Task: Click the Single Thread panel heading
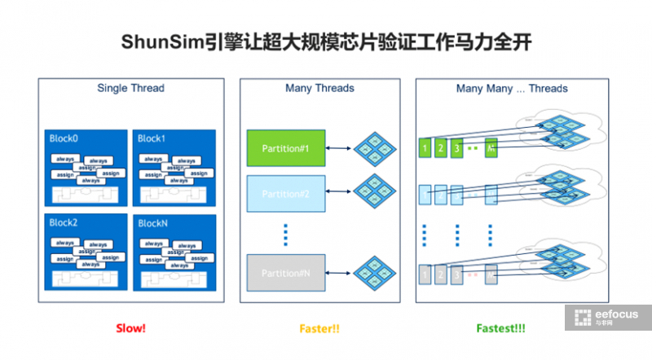(130, 88)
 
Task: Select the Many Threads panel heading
(319, 88)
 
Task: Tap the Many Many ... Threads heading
(512, 88)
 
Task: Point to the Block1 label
(152, 139)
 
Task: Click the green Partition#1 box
(286, 148)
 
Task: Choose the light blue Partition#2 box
(286, 194)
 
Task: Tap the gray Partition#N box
(286, 273)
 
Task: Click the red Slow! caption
(130, 328)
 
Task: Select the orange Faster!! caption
(319, 328)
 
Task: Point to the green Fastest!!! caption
(500, 328)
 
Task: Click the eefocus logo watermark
(608, 318)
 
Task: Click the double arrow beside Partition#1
(338, 148)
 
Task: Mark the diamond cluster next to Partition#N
(376, 273)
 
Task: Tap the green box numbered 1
(425, 148)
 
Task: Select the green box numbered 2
(442, 148)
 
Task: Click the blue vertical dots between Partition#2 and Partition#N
(286, 234)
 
